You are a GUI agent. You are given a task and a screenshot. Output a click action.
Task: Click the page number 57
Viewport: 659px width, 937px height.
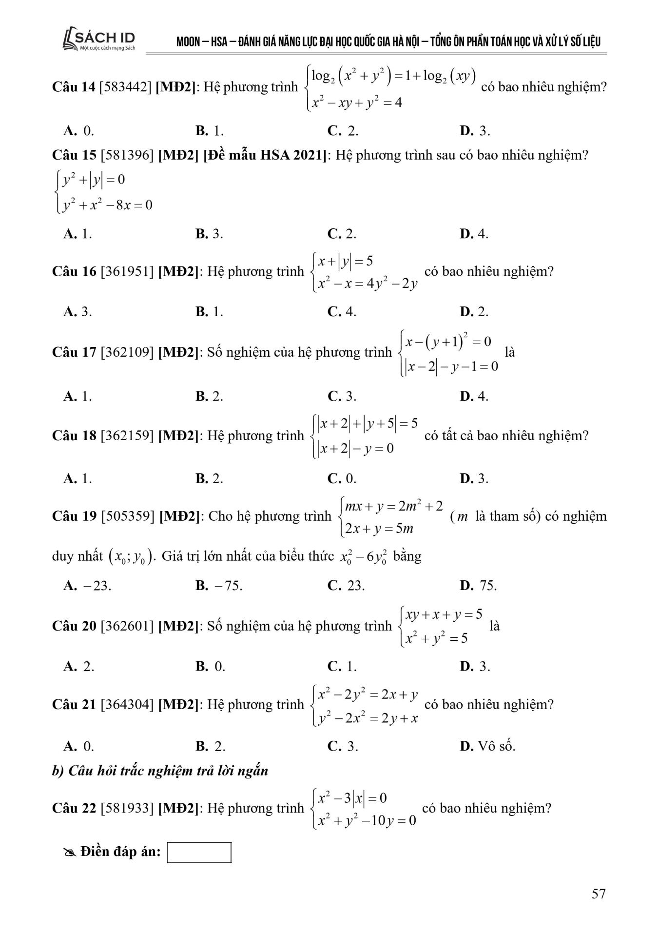(x=598, y=894)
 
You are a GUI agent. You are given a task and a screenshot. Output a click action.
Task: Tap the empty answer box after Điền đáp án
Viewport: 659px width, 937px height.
(x=199, y=852)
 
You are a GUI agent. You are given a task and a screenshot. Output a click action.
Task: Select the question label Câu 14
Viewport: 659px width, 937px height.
(x=74, y=87)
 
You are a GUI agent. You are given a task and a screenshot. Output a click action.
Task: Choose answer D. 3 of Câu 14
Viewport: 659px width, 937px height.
(x=474, y=131)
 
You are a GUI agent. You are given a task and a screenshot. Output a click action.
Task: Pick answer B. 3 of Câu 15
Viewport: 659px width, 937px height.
(x=209, y=234)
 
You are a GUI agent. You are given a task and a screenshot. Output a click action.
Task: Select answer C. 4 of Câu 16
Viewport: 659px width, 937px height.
(x=342, y=311)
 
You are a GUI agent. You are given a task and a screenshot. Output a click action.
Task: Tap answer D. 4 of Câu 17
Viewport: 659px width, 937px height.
(x=474, y=396)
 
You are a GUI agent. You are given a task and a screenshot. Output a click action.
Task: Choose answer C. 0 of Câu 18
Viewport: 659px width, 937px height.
(x=342, y=478)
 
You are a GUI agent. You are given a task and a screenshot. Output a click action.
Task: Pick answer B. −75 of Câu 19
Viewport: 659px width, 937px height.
(x=219, y=585)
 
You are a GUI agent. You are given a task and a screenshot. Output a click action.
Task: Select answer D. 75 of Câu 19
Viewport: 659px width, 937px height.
(x=478, y=585)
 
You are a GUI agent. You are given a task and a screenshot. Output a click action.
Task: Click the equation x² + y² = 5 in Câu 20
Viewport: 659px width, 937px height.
(x=436, y=638)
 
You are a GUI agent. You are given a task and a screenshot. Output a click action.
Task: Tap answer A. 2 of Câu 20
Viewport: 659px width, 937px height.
(x=78, y=666)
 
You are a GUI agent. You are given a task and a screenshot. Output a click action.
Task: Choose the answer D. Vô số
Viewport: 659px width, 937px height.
(x=487, y=746)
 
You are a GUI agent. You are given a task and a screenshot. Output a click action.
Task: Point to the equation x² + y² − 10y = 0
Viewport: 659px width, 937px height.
(x=367, y=820)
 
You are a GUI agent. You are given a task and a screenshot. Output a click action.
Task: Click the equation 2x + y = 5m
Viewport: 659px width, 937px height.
(x=379, y=529)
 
